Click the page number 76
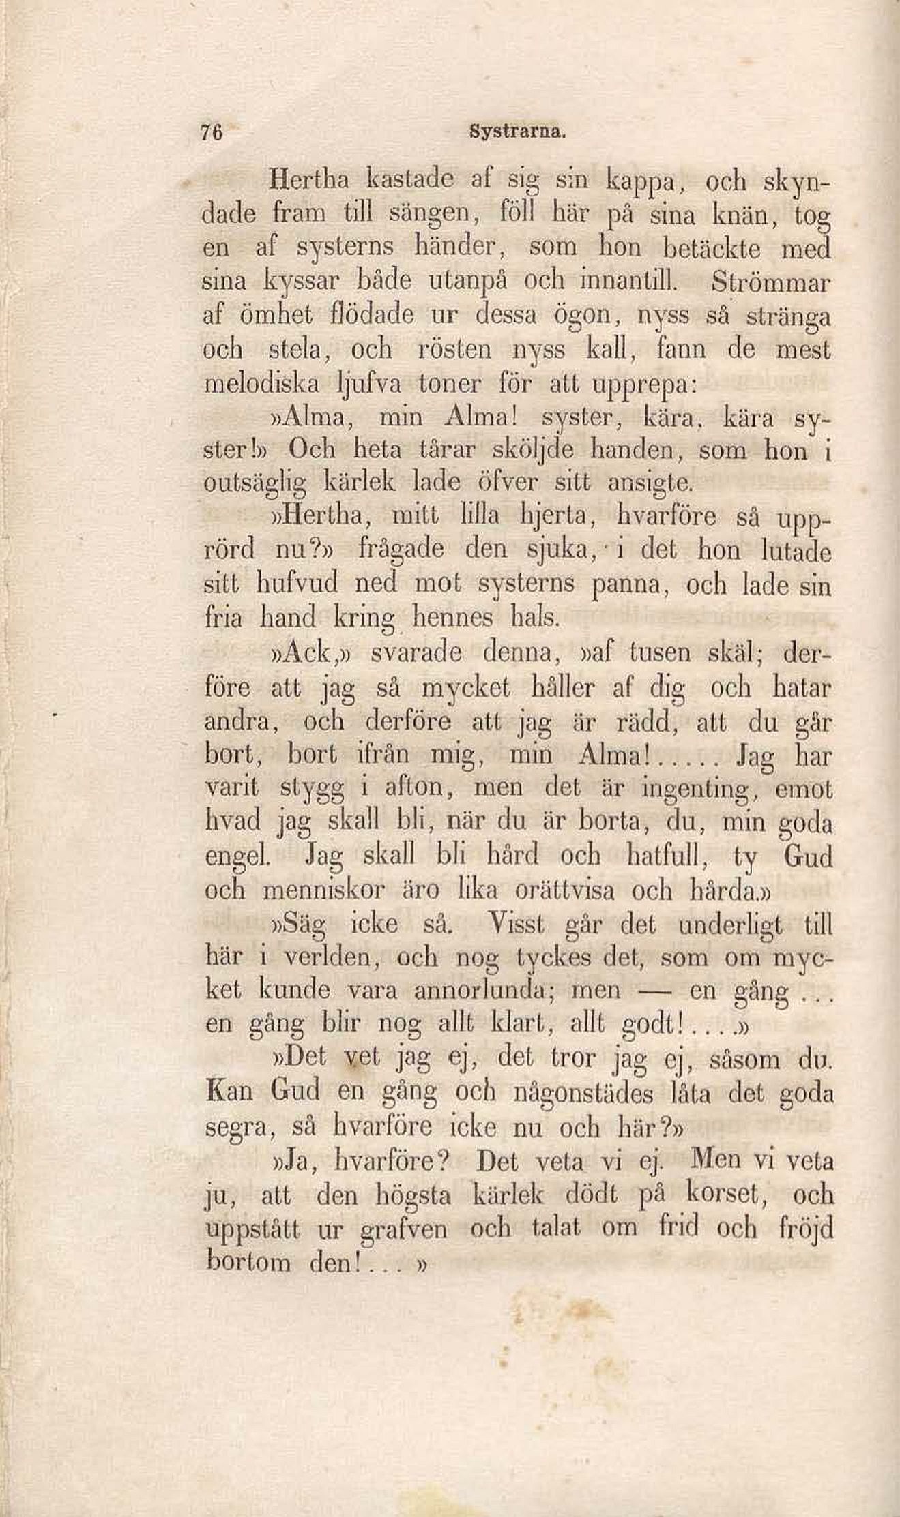point(213,132)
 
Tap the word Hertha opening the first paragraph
point(310,181)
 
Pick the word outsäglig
point(255,484)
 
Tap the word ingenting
point(700,790)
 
